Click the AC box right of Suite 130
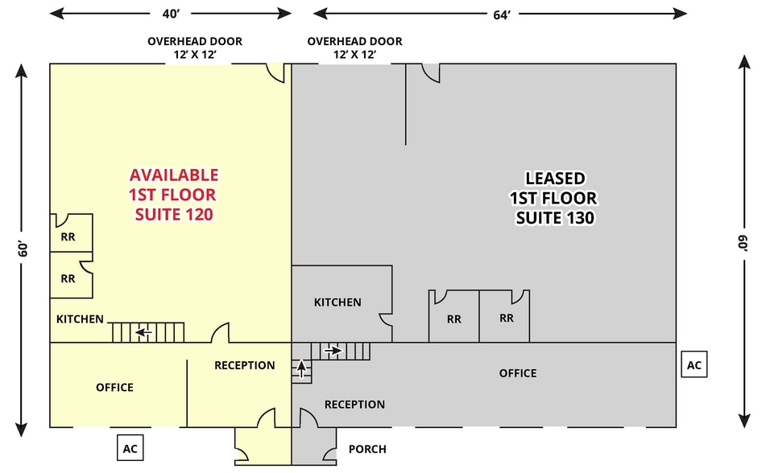tap(694, 364)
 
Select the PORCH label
tap(366, 449)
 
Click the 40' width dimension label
tap(170, 13)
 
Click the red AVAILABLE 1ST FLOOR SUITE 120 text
tap(173, 195)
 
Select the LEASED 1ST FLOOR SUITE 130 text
tap(554, 198)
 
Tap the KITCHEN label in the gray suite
tap(337, 302)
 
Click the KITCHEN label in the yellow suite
tap(80, 319)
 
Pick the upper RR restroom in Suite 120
tap(68, 237)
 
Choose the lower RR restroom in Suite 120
tap(68, 279)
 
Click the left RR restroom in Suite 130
tap(454, 319)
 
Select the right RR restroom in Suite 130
tap(506, 318)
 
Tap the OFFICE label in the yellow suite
tap(114, 388)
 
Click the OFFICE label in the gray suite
tap(517, 373)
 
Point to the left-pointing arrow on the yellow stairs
tap(144, 331)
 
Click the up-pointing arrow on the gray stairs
tap(302, 370)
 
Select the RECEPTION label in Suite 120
tap(244, 365)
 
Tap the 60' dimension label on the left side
tap(24, 249)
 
